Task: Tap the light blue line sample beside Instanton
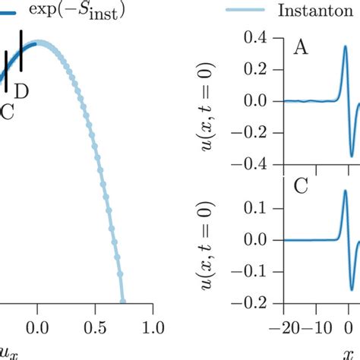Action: [x=247, y=11]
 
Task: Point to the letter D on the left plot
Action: [x=22, y=92]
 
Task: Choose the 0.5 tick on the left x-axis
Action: [x=95, y=328]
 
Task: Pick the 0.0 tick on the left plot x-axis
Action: [x=36, y=328]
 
